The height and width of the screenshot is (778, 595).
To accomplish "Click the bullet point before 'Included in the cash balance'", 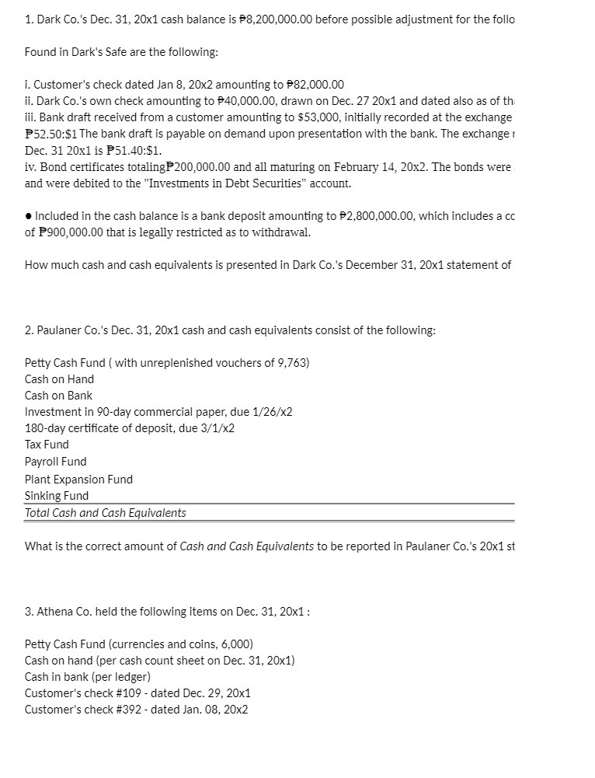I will click(x=28, y=216).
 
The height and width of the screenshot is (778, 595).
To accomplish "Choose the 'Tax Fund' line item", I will click(x=47, y=445).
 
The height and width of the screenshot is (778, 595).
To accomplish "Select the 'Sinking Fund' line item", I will click(x=57, y=496).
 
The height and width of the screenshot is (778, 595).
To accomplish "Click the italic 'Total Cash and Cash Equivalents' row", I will click(x=106, y=513).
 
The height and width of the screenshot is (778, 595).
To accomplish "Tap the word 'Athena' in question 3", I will click(x=54, y=611).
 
